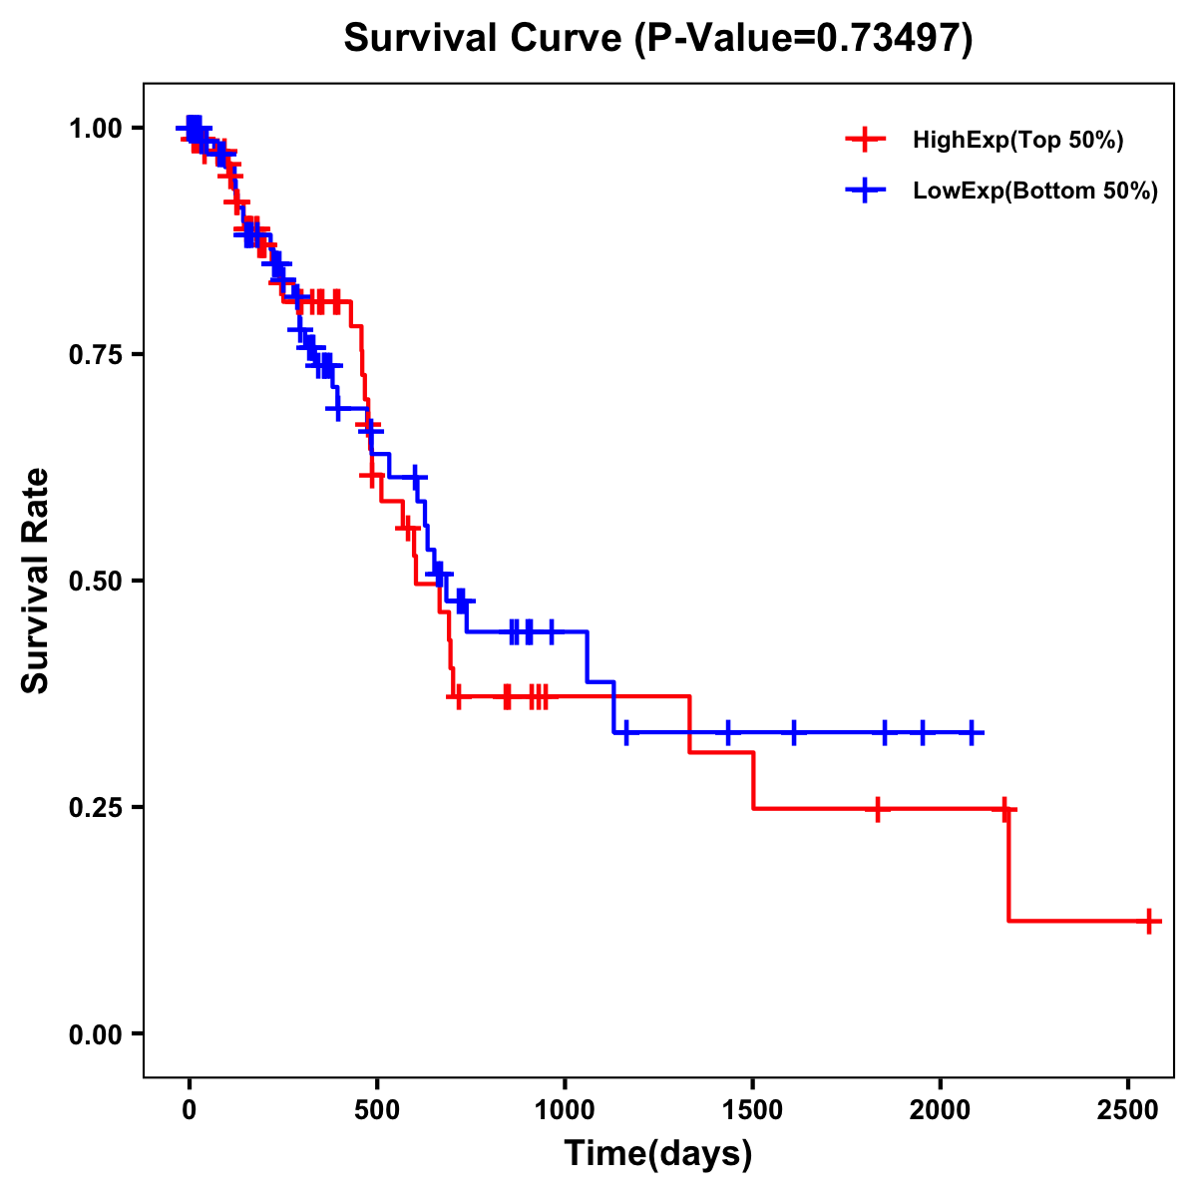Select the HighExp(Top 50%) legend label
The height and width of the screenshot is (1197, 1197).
(1017, 140)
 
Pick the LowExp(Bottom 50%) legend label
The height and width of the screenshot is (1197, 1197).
(1034, 192)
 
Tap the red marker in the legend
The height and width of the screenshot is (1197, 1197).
(865, 140)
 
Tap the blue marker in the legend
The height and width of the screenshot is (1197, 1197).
(865, 192)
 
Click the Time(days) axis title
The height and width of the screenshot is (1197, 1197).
(658, 1154)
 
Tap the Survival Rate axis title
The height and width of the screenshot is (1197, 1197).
(36, 581)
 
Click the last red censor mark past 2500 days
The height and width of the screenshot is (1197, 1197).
(1149, 921)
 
